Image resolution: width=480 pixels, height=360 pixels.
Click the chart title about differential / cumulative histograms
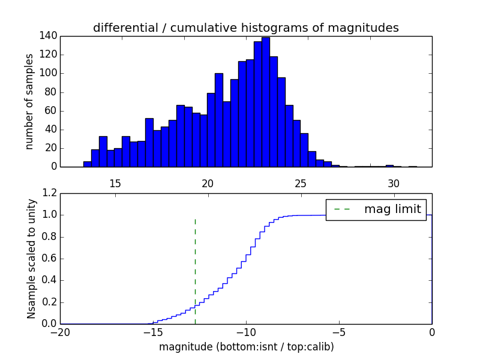click(245, 28)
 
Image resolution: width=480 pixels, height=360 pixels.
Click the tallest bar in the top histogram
click(265, 102)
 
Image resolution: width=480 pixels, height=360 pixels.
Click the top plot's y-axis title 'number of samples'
click(29, 101)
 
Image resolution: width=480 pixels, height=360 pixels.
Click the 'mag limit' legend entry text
click(392, 209)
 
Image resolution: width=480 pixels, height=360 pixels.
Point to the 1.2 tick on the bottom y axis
click(50, 193)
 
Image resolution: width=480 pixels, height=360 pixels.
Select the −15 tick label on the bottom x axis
click(152, 332)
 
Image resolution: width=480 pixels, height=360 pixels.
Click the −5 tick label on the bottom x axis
click(338, 332)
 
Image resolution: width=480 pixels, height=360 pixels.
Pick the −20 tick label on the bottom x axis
click(59, 332)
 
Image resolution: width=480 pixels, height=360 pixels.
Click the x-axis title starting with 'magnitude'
click(247, 347)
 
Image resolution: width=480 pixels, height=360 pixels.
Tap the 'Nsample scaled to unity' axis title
click(31, 258)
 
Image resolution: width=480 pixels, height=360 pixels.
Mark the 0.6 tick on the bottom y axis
click(50, 259)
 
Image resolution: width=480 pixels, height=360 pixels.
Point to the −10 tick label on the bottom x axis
click(245, 332)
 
